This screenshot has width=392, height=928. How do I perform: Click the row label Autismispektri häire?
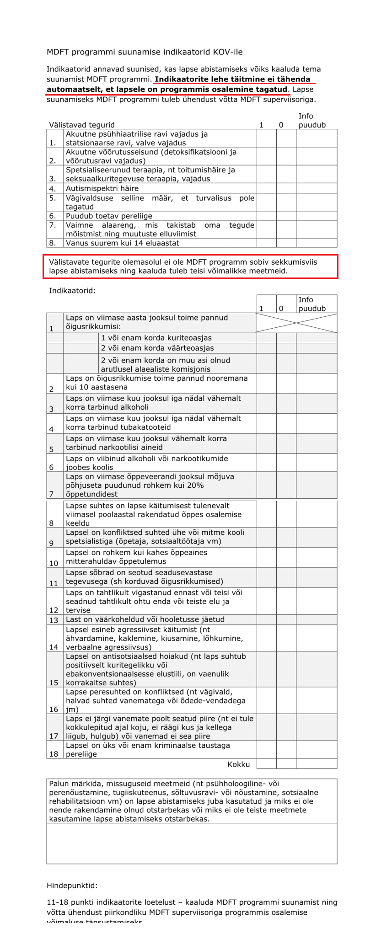102,188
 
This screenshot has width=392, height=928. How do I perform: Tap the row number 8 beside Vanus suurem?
53,243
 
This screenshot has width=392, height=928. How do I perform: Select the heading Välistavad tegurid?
82,125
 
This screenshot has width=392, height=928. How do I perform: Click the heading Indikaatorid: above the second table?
72,290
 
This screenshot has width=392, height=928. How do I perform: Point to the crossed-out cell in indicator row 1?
296,323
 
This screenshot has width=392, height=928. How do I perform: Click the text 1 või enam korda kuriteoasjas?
156,338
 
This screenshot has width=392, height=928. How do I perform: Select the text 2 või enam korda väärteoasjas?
157,348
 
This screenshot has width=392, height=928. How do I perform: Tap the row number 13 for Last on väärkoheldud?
54,620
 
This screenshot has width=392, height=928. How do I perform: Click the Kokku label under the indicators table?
239,764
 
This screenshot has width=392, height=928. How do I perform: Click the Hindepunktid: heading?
72,885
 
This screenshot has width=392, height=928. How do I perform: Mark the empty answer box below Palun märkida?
192,843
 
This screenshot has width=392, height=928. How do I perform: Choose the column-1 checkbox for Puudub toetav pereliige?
266,216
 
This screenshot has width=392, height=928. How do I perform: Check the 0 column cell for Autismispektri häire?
286,188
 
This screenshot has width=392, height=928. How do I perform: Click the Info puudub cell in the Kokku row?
316,764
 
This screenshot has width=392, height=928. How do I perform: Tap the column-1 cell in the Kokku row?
266,764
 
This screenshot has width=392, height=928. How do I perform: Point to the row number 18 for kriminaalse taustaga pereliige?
54,754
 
